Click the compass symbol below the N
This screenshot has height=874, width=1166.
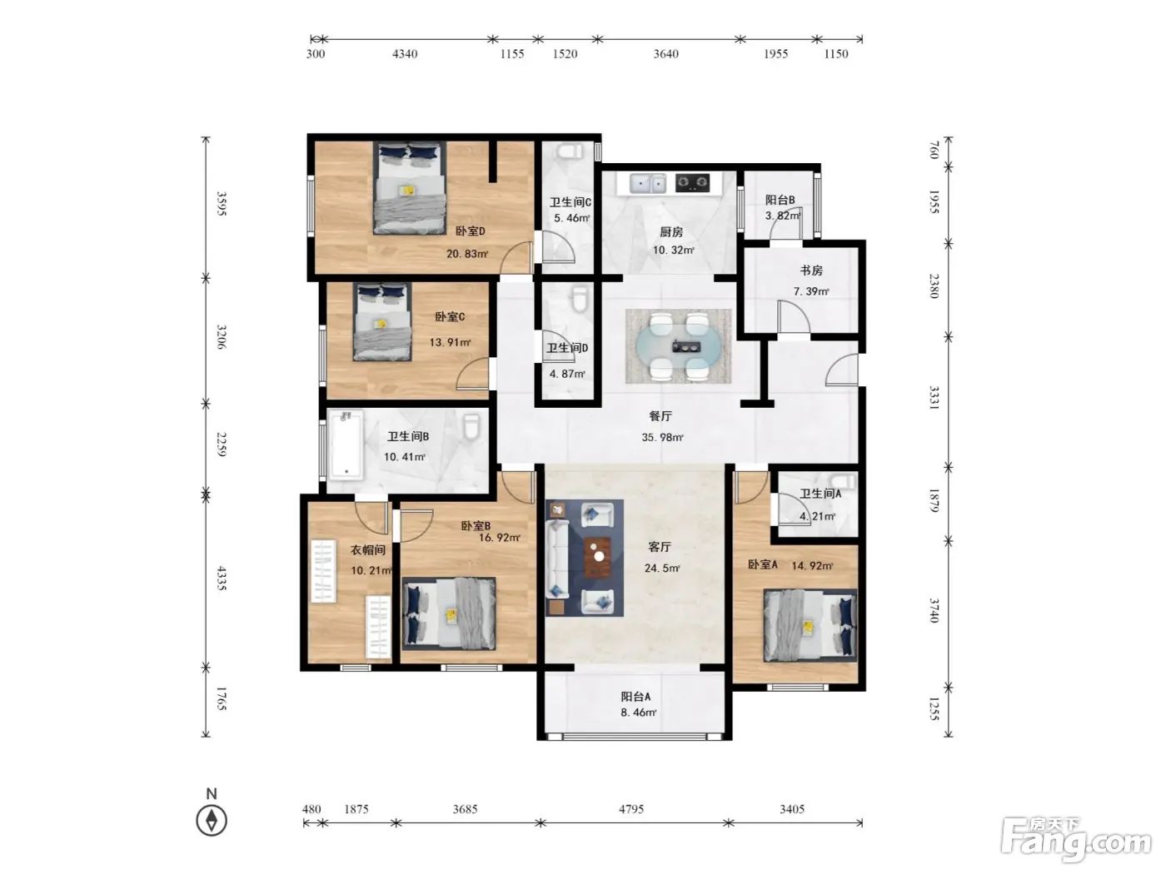[x=212, y=821]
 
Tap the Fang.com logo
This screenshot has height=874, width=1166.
[x=1075, y=842]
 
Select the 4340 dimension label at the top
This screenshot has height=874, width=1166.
[x=405, y=53]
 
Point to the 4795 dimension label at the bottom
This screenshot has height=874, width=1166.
[x=631, y=809]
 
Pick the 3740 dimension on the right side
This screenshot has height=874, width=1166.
[x=934, y=610]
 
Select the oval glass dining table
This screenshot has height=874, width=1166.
[x=679, y=347]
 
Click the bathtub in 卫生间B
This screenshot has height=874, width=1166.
[x=346, y=446]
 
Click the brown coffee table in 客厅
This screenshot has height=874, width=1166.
[x=598, y=557]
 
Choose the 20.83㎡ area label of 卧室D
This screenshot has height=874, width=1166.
[x=467, y=254]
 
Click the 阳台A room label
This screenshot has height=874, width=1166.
[x=635, y=696]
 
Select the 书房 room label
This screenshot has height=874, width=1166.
[x=811, y=270]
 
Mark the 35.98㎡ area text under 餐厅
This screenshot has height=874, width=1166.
[x=662, y=437]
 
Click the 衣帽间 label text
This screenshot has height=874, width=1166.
[x=367, y=549]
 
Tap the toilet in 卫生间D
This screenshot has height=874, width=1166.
[x=581, y=299]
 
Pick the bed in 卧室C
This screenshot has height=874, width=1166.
[x=382, y=322]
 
